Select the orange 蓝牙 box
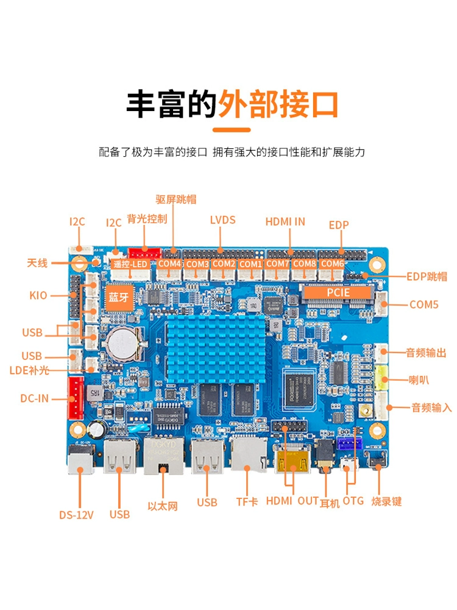(119, 297)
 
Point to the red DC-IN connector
(76, 398)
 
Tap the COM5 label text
(423, 304)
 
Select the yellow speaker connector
(383, 378)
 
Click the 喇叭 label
(419, 380)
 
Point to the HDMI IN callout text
(285, 221)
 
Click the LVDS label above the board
(222, 220)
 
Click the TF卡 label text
(247, 502)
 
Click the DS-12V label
(76, 514)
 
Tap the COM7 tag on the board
(278, 264)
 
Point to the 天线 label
(37, 263)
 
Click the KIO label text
(38, 296)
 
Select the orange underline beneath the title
(232, 129)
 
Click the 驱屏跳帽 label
(176, 199)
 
